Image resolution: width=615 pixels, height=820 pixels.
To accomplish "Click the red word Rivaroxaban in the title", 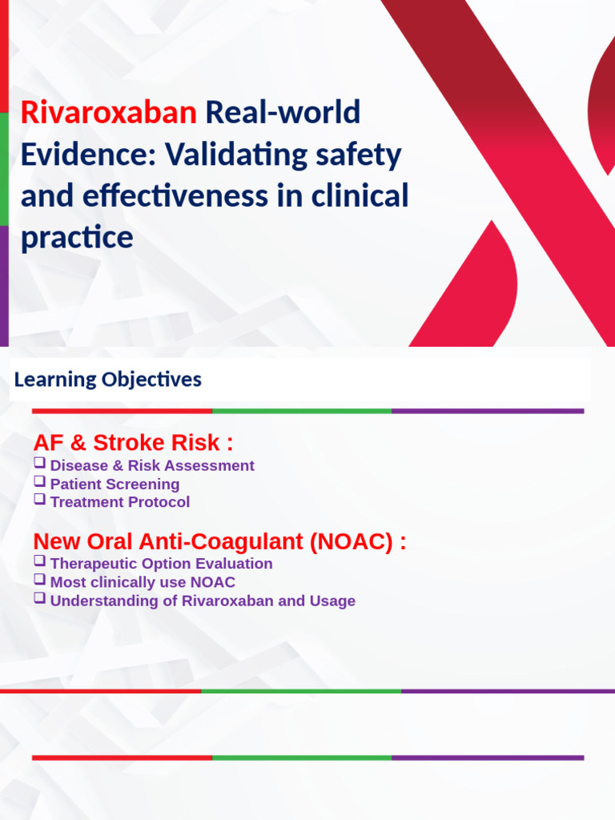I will click(x=108, y=113).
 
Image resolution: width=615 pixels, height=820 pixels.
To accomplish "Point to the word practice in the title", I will click(x=77, y=238).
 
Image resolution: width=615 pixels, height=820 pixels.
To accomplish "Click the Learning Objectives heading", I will click(x=107, y=380).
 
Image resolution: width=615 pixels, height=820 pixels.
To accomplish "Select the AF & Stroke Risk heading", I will click(x=133, y=443).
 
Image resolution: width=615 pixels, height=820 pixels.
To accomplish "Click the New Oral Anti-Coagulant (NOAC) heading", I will click(x=219, y=542).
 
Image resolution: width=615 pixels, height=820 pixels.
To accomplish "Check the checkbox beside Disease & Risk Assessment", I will click(x=39, y=464).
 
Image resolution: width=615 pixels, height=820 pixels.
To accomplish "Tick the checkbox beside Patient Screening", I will click(x=39, y=482).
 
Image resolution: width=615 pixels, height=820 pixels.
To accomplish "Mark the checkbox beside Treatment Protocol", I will click(x=39, y=500).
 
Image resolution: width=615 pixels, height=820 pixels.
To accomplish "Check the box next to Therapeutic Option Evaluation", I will click(x=39, y=561).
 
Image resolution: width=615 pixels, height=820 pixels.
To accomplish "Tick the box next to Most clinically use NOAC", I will click(x=39, y=581).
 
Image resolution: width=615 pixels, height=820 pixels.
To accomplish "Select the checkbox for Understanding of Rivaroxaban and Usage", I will click(x=39, y=599).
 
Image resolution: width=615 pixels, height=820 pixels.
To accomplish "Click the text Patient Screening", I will click(x=115, y=484).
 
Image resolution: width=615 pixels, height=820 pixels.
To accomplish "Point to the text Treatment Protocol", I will click(x=120, y=502).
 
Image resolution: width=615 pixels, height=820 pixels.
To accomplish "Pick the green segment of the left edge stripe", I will click(x=4, y=168).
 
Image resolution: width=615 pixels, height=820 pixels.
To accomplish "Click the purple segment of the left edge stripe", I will click(x=4, y=285).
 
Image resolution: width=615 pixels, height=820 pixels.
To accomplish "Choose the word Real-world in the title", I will click(x=283, y=113).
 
